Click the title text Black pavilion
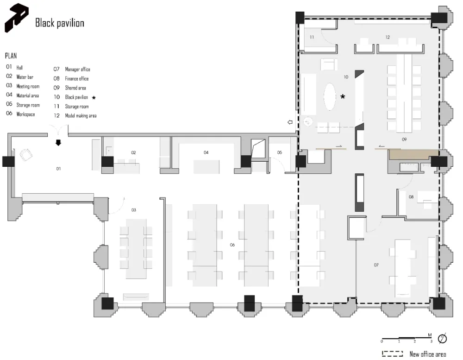[x=60, y=23]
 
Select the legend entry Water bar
[x=25, y=77]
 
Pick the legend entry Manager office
[x=77, y=69]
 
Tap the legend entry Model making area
[x=81, y=115]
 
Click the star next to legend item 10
[x=94, y=98]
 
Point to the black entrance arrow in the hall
[x=58, y=143]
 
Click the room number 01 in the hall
[x=58, y=169]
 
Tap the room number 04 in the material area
[x=206, y=152]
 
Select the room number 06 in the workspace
[x=232, y=245]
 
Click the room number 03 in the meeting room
[x=134, y=210]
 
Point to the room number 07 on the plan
[x=376, y=265]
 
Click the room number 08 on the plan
[x=411, y=196]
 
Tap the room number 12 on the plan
[x=388, y=37]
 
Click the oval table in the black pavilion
[x=330, y=97]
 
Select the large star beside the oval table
[x=343, y=96]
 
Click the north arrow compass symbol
[x=442, y=338]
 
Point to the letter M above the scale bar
[x=430, y=335]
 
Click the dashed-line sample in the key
[x=393, y=354]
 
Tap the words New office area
[x=427, y=354]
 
